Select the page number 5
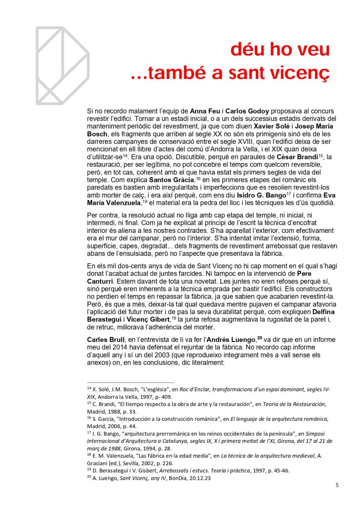coord(337,486)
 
